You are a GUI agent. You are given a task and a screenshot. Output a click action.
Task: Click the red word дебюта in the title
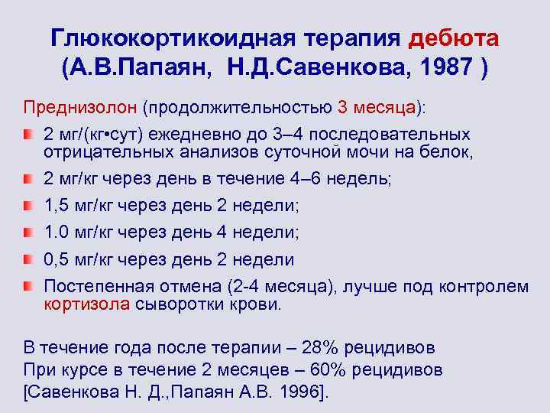click(x=455, y=37)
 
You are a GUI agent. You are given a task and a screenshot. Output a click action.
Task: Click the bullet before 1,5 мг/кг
click(x=28, y=206)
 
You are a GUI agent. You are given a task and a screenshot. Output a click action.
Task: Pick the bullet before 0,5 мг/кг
click(x=28, y=260)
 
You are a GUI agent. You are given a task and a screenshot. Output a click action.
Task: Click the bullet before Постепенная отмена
click(x=28, y=287)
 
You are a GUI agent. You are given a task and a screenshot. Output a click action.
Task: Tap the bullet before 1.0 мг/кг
click(x=28, y=233)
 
